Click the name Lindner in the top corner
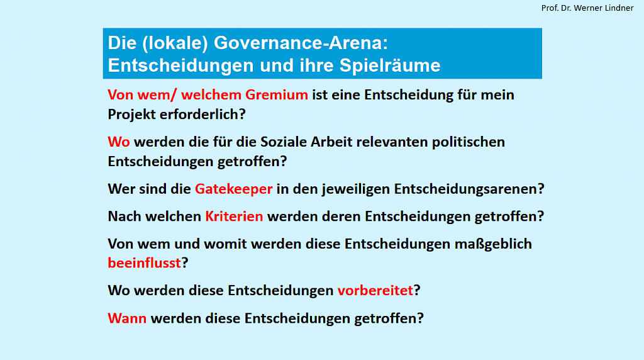pos(619,8)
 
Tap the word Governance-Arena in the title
pos(301,43)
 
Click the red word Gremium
pos(277,95)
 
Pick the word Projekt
pos(131,115)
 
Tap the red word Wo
pos(119,142)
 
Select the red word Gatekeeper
pos(233,189)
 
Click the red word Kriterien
pos(234,216)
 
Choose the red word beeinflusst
pos(144,263)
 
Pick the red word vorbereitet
pos(375,291)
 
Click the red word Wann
pos(127,318)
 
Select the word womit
pos(226,244)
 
